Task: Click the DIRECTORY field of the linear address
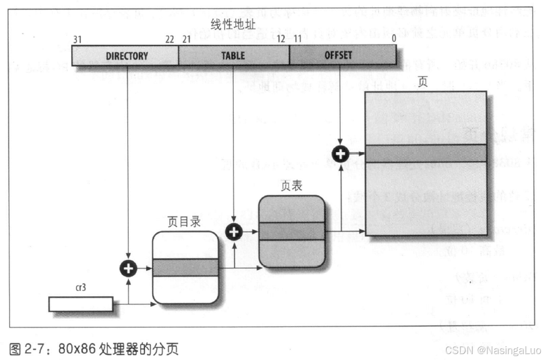(126, 55)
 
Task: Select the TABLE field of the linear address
(233, 55)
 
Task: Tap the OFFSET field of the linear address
(338, 55)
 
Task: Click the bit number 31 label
(77, 39)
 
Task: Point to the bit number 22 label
(170, 39)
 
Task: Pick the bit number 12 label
(281, 39)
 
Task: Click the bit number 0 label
(393, 39)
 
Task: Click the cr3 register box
(81, 304)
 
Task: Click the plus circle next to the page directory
(128, 268)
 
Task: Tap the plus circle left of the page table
(234, 231)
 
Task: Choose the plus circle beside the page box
(340, 154)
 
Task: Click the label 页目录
(184, 222)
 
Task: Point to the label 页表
(291, 185)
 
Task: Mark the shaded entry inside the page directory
(185, 267)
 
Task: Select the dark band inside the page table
(292, 231)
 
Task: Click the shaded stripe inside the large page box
(426, 153)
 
